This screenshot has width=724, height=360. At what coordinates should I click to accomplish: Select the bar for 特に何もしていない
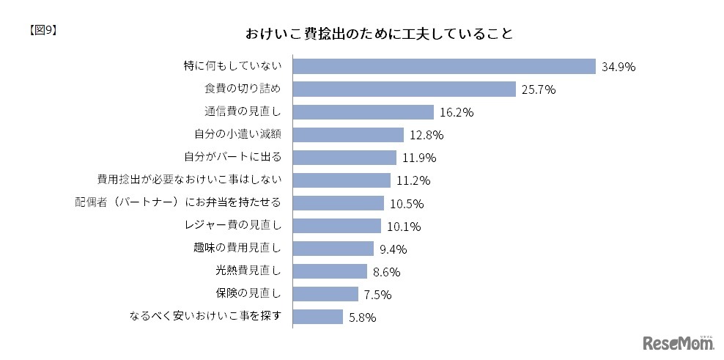click(443, 66)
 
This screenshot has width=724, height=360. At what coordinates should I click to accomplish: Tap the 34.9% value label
click(618, 67)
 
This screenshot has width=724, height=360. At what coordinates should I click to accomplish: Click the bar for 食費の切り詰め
click(405, 89)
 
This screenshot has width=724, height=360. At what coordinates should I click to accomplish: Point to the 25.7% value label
click(539, 90)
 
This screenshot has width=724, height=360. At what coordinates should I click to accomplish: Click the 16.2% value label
click(456, 113)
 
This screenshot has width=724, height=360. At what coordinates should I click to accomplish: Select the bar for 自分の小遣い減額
click(348, 135)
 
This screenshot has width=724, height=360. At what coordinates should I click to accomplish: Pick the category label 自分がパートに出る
click(233, 158)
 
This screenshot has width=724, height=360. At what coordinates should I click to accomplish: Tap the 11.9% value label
click(418, 158)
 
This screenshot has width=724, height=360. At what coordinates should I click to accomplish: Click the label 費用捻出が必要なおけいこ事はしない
click(190, 180)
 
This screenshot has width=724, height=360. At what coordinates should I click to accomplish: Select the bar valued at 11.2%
click(341, 180)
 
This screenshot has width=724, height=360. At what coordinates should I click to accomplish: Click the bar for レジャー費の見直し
click(337, 226)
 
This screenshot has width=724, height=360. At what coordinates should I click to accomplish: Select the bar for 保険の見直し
click(327, 294)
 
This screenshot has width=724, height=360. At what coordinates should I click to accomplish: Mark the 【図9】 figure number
click(41, 30)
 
